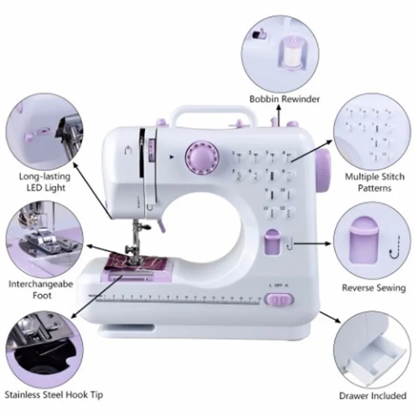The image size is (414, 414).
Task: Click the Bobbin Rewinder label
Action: pos(285,99)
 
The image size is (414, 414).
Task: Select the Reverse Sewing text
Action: pos(374,288)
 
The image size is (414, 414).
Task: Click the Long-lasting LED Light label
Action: pos(44,182)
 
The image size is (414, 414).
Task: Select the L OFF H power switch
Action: pos(278,299)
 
